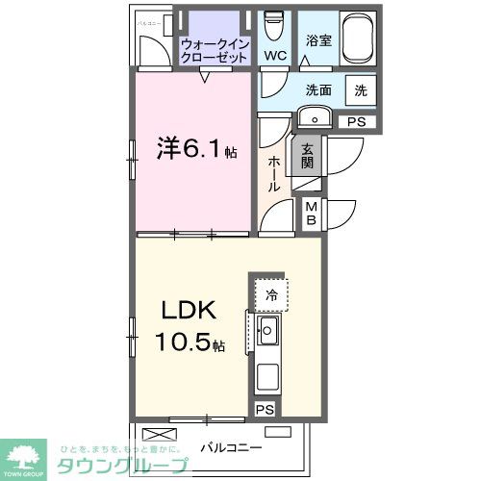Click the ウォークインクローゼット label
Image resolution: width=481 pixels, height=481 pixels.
[x=215, y=50]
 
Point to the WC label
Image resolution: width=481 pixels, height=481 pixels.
[x=276, y=56]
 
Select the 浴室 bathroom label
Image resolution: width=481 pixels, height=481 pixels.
[x=319, y=41]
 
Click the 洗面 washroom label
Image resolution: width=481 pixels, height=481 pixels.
[x=320, y=90]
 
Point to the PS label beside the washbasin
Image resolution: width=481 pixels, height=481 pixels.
[x=357, y=121]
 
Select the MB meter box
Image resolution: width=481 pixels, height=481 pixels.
[x=312, y=214]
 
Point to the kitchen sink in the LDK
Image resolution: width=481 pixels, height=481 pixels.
[x=268, y=336]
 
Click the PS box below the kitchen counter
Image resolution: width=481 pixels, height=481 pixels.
[x=264, y=409]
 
